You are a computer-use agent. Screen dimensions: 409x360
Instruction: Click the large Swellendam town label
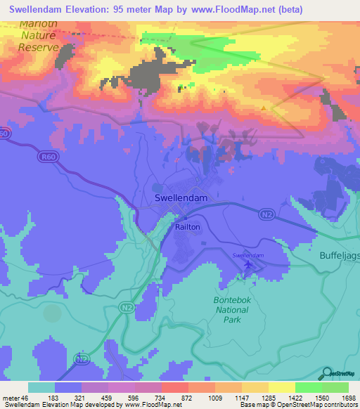[181, 199]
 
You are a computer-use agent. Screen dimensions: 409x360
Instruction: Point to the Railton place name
[188, 227]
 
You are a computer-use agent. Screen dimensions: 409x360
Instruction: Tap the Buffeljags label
[339, 256]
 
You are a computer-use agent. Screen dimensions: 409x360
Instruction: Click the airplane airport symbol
[247, 265]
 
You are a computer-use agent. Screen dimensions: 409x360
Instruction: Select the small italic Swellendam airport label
[247, 255]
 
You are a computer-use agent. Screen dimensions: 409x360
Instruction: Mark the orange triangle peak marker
[264, 108]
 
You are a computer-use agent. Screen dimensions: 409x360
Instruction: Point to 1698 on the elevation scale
[348, 398]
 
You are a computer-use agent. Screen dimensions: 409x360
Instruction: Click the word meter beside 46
[11, 398]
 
